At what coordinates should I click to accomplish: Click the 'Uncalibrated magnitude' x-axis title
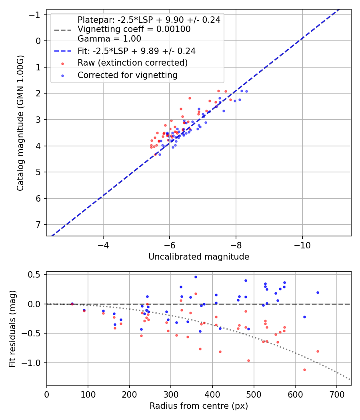[199, 257]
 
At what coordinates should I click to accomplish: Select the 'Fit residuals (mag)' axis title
[12, 328]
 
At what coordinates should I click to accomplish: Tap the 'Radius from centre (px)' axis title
[199, 406]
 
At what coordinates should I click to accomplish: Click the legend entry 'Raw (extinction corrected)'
[132, 63]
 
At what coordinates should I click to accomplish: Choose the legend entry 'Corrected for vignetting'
[127, 75]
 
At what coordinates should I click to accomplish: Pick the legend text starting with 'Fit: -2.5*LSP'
[136, 51]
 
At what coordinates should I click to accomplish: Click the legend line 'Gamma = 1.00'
[109, 39]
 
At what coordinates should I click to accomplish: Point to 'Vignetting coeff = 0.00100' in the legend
[134, 29]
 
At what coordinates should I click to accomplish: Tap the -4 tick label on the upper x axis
[103, 244]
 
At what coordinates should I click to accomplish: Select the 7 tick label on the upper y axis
[39, 224]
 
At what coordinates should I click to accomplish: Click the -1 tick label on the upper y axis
[37, 15]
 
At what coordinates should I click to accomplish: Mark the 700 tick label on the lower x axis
[336, 394]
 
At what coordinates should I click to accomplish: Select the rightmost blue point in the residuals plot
[318, 292]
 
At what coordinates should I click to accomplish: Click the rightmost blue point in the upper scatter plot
[246, 91]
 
